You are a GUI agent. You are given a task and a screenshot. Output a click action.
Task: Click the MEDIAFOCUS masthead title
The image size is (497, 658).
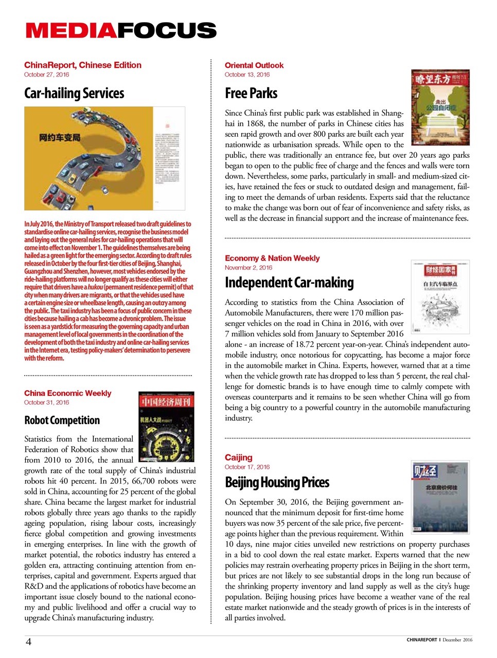[x=121, y=31]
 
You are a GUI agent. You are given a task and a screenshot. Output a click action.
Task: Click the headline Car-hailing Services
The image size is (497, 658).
[x=74, y=94]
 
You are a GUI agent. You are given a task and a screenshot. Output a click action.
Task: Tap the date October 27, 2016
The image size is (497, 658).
[x=46, y=75]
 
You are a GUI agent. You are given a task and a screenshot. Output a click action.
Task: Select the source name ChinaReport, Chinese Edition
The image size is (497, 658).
[x=82, y=65]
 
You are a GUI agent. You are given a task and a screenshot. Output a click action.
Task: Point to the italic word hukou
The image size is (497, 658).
[x=95, y=287]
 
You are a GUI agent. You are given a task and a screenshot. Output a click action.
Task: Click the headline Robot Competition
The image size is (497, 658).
[x=62, y=421]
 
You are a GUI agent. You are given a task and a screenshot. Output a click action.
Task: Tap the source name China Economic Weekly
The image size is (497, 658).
[x=67, y=393]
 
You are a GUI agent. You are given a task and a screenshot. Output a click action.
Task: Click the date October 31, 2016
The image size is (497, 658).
[x=46, y=403]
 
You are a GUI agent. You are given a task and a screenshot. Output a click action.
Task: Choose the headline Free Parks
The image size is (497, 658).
[x=251, y=94]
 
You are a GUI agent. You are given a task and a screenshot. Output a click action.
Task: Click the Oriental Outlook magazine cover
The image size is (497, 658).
[x=440, y=107]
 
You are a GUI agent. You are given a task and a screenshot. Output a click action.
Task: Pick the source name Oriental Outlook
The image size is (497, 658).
[x=254, y=65]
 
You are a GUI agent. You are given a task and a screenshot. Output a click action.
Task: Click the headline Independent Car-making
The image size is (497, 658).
[x=289, y=283]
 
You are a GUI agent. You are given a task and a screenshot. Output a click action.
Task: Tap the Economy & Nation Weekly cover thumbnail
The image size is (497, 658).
[x=440, y=297]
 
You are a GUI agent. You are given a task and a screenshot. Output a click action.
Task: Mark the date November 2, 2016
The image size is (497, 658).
[x=248, y=268]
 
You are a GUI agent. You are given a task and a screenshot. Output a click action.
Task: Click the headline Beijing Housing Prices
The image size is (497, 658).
[x=277, y=483]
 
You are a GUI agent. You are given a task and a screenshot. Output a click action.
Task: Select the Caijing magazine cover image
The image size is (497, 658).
[x=440, y=497]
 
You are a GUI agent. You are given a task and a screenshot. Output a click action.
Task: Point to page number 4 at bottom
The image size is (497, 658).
[x=29, y=642]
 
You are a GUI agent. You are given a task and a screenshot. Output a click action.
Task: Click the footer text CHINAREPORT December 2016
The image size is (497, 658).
[x=439, y=640]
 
